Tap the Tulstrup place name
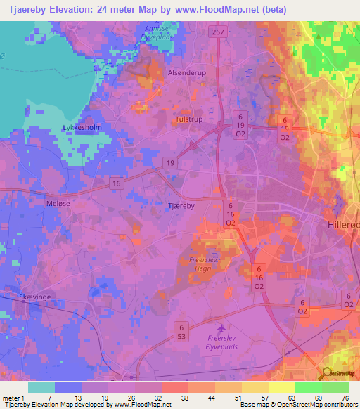tap(188, 120)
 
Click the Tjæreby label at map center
tap(181, 206)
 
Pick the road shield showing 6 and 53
tap(181, 332)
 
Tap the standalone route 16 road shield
tap(117, 183)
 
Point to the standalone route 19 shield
tap(171, 162)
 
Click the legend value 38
tap(184, 398)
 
